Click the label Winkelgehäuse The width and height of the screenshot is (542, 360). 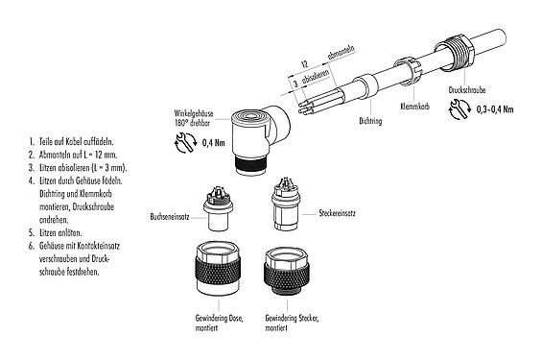(x=196, y=112)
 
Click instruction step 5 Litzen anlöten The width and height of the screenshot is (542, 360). (x=54, y=233)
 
